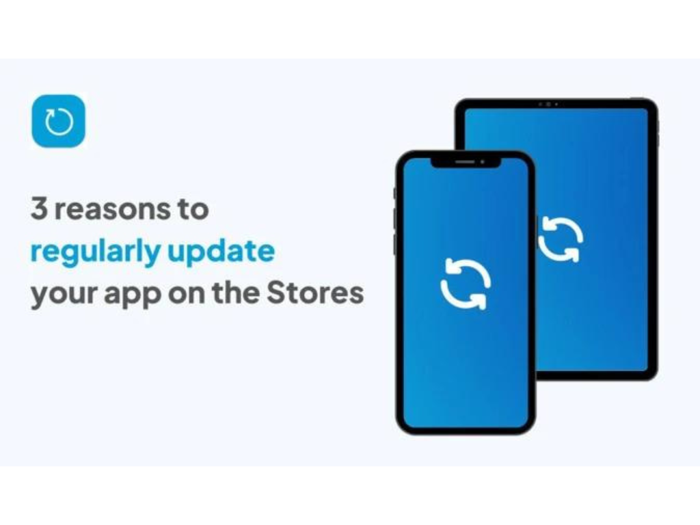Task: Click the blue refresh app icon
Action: pos(59,121)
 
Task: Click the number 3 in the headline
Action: pos(39,208)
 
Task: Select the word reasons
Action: pos(112,210)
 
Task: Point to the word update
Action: pos(221,252)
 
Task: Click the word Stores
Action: pos(315,293)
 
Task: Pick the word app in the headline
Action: pos(133,296)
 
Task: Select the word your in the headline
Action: pos(64,296)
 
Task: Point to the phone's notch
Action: pos(465,163)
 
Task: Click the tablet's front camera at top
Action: pos(549,104)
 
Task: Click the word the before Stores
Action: pos(235,293)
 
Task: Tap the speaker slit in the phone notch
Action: pos(465,161)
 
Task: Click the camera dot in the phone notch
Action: pos(483,161)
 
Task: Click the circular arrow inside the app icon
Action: pos(59,122)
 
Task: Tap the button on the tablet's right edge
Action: pos(658,134)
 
